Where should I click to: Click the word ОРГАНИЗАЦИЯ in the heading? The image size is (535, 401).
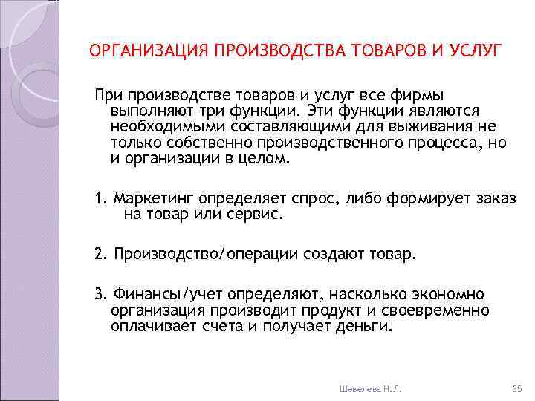tap(148, 50)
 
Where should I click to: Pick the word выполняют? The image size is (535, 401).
tap(149, 110)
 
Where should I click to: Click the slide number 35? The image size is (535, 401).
tap(518, 388)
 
